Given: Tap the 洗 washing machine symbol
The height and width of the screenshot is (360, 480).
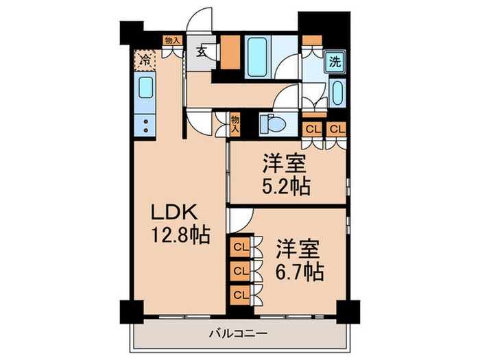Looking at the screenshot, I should pos(335,61).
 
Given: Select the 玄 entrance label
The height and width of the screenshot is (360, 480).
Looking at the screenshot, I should pos(204,51).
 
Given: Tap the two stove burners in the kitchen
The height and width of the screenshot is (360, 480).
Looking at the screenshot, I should pos(146,125).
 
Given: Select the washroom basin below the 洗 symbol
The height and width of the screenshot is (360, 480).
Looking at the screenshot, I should pos(336,92).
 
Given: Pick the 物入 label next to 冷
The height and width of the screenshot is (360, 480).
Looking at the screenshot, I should pos(172,41).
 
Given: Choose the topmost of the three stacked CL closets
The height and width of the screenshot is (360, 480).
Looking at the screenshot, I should pos(241,247).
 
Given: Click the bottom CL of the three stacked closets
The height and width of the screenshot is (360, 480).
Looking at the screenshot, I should pos(241,295).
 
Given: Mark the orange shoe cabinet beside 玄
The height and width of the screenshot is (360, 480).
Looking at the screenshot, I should pos(230,50).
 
